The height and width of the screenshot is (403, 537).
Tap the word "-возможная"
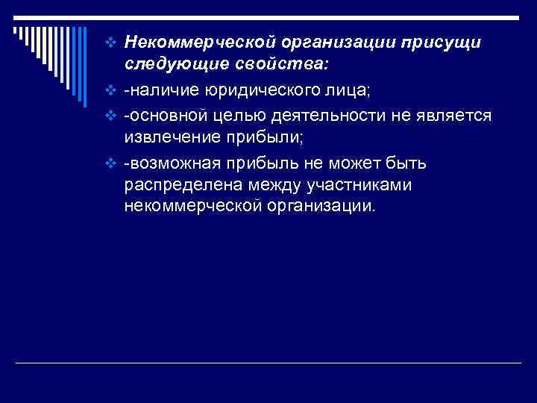pos(169,163)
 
